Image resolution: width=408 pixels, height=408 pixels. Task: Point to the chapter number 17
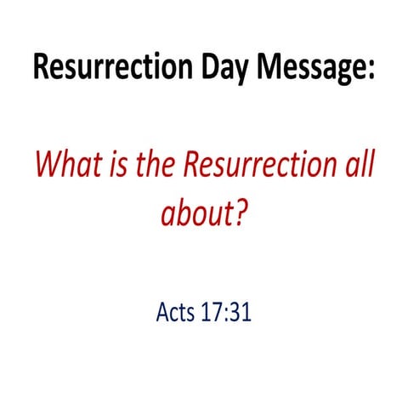212,313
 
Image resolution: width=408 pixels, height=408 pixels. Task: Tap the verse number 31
241,313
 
